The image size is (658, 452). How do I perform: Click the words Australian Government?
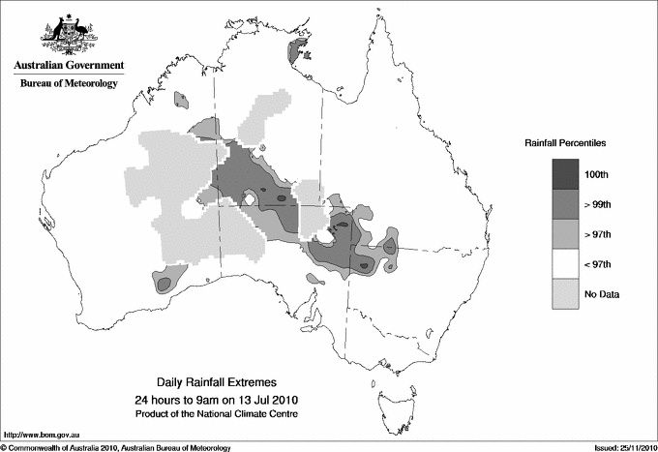[68, 66]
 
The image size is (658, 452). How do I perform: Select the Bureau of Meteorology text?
[68, 84]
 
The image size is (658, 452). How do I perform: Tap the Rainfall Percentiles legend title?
[565, 143]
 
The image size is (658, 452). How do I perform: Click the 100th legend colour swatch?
[567, 174]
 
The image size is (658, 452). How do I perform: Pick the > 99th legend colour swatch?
[567, 204]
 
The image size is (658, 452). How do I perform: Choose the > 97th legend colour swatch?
[567, 234]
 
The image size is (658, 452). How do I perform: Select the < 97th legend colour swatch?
[567, 264]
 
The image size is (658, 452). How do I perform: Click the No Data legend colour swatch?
[567, 294]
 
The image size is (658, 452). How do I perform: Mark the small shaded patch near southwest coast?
[163, 283]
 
